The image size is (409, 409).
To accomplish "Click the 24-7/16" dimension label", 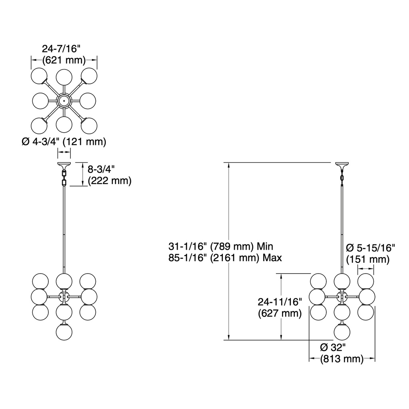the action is coord(62,49).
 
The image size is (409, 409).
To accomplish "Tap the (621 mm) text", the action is coord(64,60).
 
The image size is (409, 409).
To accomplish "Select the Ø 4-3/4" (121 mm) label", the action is coord(64,142).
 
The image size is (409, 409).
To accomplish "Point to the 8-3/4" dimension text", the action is coord(101,169).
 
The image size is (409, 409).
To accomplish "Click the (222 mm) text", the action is coord(109,181).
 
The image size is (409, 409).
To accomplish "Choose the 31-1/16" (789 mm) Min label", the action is coord(220,246).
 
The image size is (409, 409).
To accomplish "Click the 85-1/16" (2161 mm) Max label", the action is coord(225,258).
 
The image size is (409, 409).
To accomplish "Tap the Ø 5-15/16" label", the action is coord(370,248).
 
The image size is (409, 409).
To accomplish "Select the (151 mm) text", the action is coord(368,260).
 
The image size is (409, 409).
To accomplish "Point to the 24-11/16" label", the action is coord(280,302).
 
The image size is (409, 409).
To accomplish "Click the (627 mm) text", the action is coord(280,313).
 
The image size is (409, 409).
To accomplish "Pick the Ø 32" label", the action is coord(333,347).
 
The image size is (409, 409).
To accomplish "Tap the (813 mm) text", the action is coord(342,359).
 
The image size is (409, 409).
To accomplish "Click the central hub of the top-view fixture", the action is coord(64,100).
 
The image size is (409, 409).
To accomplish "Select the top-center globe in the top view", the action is coord(64,77).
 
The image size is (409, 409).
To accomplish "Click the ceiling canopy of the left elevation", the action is coord(64,165).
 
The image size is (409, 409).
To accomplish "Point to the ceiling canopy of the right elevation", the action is coord(342,165).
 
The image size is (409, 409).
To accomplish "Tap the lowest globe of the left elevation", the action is coord(64,332).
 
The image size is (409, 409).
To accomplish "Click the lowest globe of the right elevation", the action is coord(342,332).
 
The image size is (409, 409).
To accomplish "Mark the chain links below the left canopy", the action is coord(64,177).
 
